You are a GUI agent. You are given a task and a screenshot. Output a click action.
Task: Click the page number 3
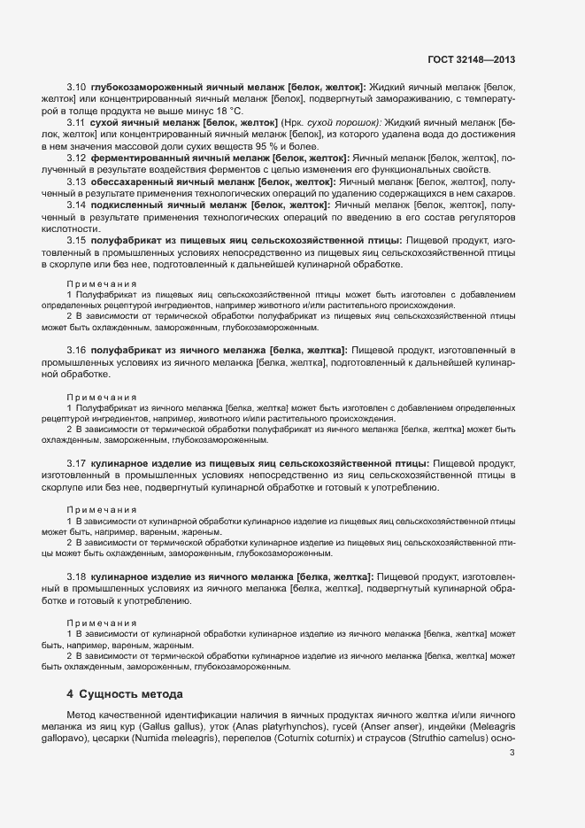pyautogui.click(x=512, y=754)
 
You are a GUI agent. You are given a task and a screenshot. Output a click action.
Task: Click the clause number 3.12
pyautogui.click(x=75, y=157)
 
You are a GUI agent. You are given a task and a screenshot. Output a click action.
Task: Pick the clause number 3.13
pyautogui.click(x=75, y=181)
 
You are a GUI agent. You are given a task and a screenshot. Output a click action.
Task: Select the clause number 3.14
pyautogui.click(x=75, y=205)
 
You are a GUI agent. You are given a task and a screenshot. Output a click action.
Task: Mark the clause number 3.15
pyautogui.click(x=75, y=239)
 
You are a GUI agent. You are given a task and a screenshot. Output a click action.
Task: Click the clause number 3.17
pyautogui.click(x=75, y=462)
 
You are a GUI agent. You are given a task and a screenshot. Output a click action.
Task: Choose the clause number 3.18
pyautogui.click(x=75, y=577)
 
